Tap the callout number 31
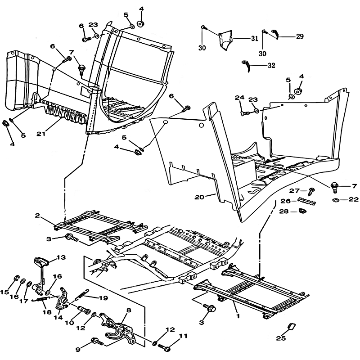tap(254, 39)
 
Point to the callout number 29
tap(300, 37)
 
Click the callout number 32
tap(271, 66)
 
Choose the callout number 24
tap(239, 98)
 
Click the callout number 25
tap(281, 338)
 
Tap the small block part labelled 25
tap(291, 326)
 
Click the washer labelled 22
tap(335, 199)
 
